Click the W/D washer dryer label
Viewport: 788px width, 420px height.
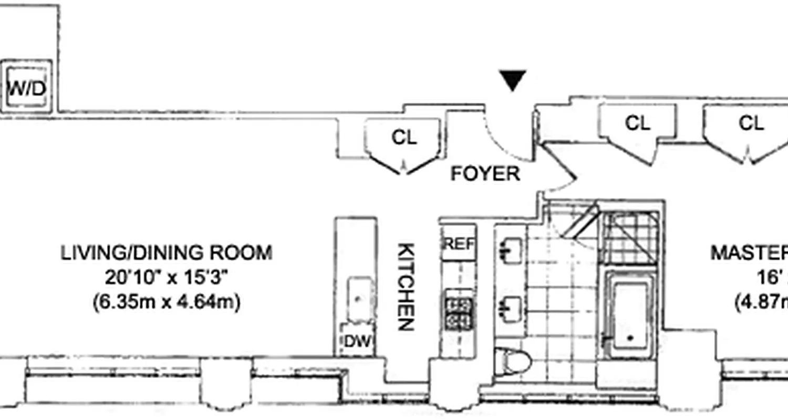point(27,88)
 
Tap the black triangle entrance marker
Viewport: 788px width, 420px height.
point(512,81)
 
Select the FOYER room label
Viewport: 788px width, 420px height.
point(485,174)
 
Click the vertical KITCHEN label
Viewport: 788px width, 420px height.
point(406,287)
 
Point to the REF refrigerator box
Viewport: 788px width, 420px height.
point(459,244)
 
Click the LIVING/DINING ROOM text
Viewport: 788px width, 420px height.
point(167,253)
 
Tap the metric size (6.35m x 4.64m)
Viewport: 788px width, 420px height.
point(167,303)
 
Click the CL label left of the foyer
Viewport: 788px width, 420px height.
point(403,138)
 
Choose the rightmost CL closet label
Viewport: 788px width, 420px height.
point(751,123)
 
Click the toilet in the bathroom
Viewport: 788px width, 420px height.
point(515,362)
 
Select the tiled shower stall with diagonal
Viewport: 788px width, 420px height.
point(629,238)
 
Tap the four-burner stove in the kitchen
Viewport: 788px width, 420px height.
point(459,313)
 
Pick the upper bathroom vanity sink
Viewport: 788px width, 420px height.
point(510,251)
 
